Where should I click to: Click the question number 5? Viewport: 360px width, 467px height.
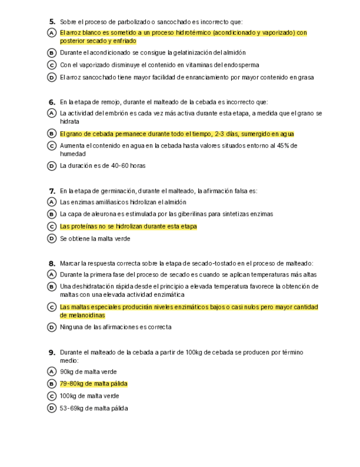(x=52, y=21)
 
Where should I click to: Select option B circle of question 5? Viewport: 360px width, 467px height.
(x=52, y=53)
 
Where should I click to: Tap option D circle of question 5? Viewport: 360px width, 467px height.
(x=52, y=78)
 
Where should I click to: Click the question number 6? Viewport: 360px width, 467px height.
(x=52, y=102)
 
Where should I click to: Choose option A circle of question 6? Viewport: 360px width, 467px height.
(x=52, y=113)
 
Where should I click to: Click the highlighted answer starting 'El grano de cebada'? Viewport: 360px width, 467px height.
(x=177, y=134)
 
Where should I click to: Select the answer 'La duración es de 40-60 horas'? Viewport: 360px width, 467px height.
(x=102, y=165)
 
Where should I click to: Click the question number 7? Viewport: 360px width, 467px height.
(x=52, y=191)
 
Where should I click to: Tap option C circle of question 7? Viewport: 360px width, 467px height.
(x=52, y=226)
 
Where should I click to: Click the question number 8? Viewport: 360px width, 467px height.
(x=52, y=263)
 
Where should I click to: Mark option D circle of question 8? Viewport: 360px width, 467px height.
(x=52, y=327)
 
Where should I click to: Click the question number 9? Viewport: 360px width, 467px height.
(x=52, y=352)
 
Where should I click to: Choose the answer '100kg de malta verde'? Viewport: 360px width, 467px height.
(x=89, y=396)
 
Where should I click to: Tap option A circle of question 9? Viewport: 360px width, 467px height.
(x=52, y=372)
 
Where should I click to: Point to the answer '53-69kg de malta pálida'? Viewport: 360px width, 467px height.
(x=94, y=408)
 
